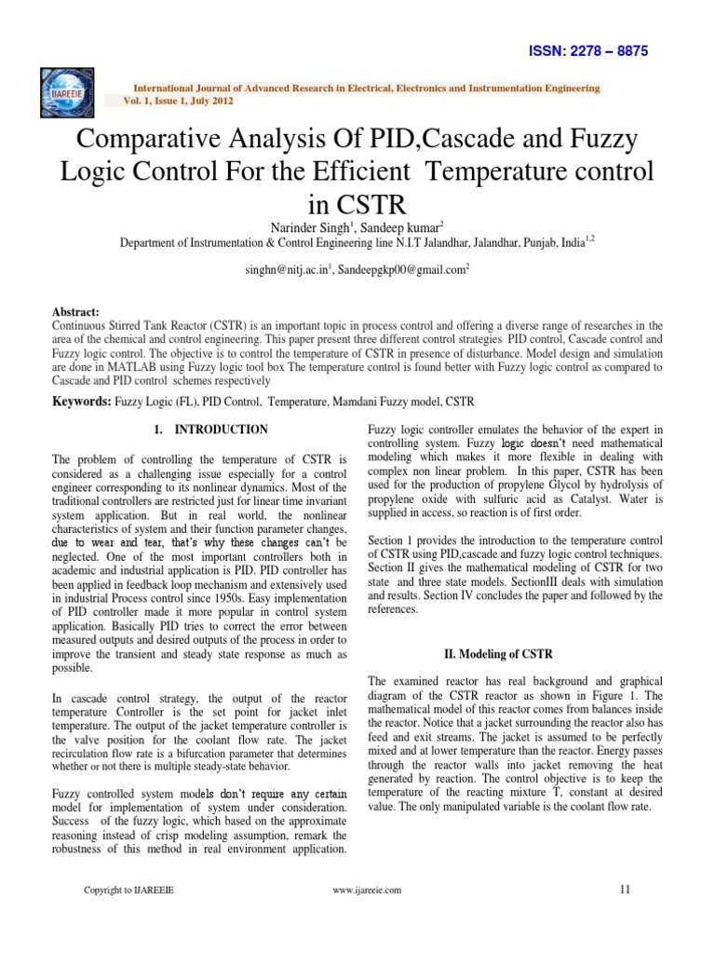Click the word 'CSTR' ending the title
coord(357,203)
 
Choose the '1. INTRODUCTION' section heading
coord(209,429)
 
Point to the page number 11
coord(625,889)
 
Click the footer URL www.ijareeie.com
coord(367,890)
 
